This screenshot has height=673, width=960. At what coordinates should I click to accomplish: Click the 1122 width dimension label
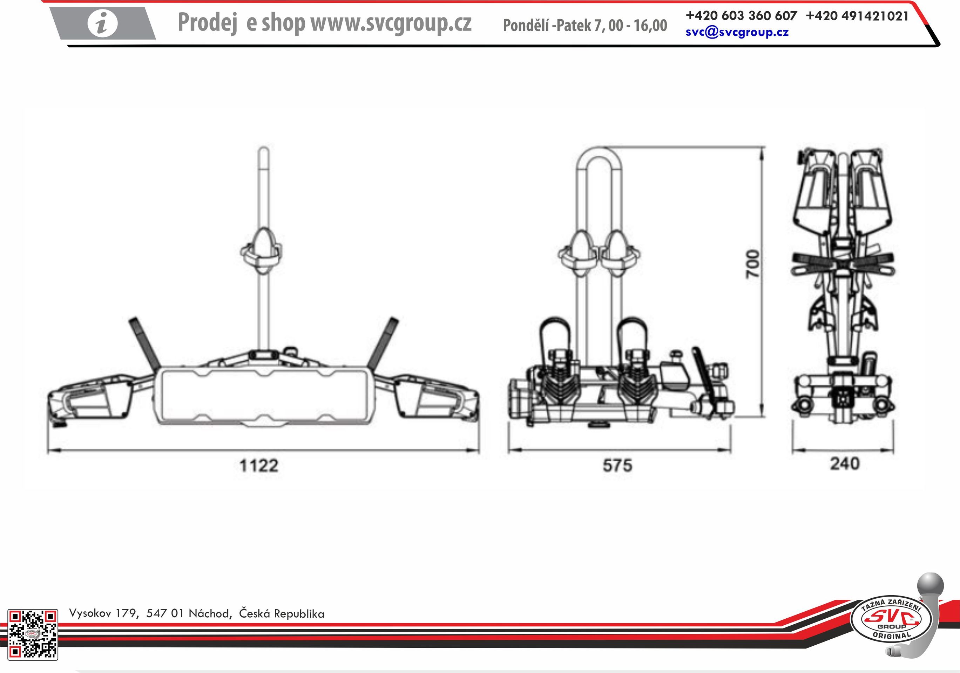coord(259,465)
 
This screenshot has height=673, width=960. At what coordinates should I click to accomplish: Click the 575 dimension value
coord(617,465)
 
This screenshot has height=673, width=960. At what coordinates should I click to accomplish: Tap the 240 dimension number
coord(845,464)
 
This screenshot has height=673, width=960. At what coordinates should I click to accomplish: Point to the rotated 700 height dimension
coord(753,264)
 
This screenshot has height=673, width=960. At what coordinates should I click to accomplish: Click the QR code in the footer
coord(33,634)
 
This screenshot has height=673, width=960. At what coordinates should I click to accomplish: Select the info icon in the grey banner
coord(103,23)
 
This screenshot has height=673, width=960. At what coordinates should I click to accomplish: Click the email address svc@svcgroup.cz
coord(737,32)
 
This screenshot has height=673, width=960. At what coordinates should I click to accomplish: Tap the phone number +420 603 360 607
coord(741,15)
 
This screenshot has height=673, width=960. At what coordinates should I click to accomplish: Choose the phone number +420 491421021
coord(857,16)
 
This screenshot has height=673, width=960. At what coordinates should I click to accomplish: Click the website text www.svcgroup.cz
coord(391,22)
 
